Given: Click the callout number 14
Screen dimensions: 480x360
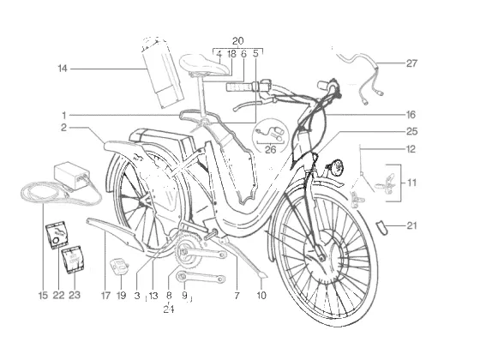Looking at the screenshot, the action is (x=62, y=69).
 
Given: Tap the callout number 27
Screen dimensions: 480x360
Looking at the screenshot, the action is (x=411, y=63).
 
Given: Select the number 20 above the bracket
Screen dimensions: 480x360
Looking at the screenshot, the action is (x=238, y=41).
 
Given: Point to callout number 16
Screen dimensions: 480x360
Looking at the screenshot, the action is (x=411, y=115).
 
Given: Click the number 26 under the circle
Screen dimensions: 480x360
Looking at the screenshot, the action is (x=270, y=149).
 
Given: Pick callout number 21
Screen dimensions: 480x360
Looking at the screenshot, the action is (x=411, y=225).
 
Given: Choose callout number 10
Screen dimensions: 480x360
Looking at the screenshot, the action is (x=261, y=296).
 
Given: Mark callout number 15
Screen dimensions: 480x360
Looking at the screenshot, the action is (x=43, y=295).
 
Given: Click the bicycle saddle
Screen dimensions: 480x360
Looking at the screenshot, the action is (x=205, y=64).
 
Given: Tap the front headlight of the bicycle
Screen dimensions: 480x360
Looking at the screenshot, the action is (x=336, y=168).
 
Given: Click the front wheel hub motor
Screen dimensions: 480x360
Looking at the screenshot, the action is (x=325, y=256).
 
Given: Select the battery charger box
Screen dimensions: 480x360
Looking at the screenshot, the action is (x=72, y=175).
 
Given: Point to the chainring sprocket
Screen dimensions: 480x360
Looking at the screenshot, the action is (x=189, y=253).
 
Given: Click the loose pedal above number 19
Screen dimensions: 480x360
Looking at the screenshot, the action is (x=119, y=267).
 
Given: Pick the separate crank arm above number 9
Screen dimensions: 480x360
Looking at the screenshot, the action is (x=201, y=278).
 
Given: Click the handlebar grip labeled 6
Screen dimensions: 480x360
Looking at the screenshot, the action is (x=239, y=87).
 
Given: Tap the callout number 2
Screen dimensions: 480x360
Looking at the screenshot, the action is (x=63, y=128).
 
